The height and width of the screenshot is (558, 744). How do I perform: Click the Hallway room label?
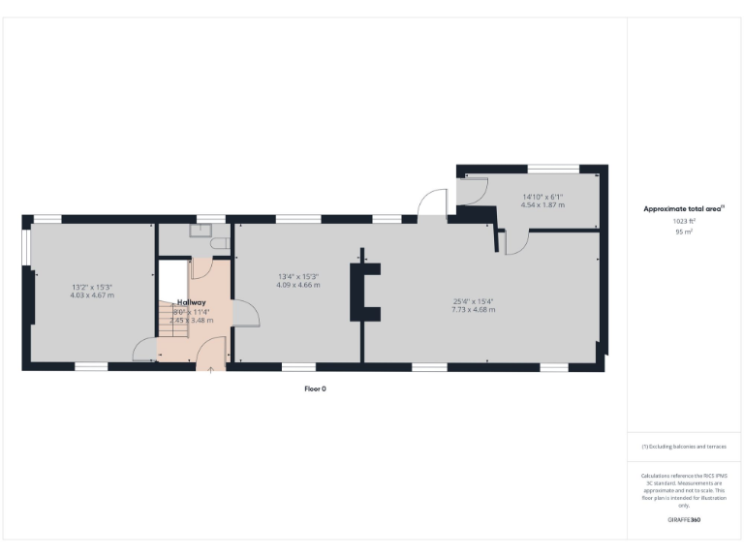191,302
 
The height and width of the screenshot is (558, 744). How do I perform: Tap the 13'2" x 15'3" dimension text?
92,287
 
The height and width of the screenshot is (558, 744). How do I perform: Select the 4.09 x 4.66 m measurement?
297,285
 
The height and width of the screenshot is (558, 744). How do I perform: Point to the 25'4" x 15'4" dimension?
473,300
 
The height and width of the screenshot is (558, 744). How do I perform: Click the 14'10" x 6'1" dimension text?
542,197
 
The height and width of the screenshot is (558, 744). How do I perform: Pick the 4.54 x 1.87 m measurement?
542,205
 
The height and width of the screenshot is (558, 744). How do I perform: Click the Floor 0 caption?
315,387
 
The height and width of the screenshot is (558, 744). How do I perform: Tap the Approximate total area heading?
684,208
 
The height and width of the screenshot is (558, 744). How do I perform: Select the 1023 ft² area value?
684,221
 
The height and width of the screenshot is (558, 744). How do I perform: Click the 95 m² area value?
684,232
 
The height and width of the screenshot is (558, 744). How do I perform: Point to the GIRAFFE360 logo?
684,520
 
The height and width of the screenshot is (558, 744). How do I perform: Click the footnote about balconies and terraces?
684,447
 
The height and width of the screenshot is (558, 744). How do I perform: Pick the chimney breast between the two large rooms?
366,291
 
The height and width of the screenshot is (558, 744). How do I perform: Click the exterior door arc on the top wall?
428,204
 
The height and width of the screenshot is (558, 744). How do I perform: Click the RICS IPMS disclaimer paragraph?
684,490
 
